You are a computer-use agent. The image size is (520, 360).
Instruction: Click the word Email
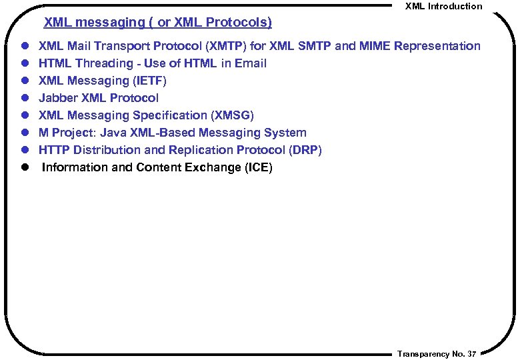pyautogui.click(x=250, y=63)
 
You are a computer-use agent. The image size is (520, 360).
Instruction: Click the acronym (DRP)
pyautogui.click(x=305, y=150)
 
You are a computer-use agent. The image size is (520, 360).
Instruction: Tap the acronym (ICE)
pyautogui.click(x=257, y=167)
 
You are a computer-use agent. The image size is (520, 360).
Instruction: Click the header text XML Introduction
pyautogui.click(x=443, y=6)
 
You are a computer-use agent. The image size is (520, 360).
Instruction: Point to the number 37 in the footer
pyautogui.click(x=472, y=353)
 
